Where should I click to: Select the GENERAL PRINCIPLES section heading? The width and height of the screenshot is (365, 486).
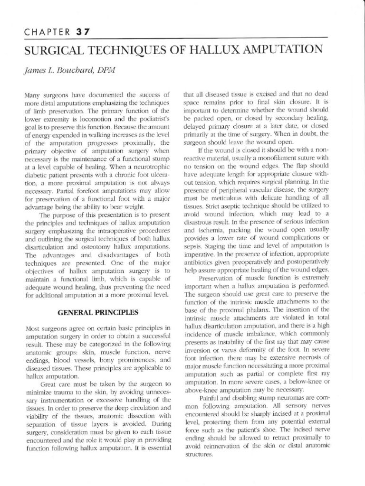point(98,312)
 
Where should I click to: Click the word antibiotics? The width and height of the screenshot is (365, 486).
point(201,262)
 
